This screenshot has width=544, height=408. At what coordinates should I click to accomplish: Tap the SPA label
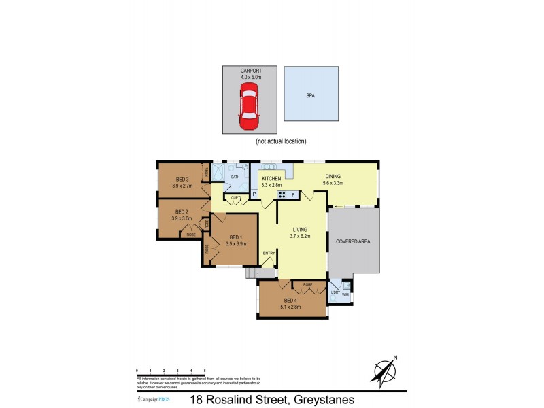click(311, 97)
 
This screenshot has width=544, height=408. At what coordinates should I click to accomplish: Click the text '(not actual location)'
click(281, 141)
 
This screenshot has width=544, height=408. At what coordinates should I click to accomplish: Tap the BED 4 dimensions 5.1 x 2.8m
click(290, 307)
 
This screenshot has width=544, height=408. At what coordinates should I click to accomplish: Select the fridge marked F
click(293, 194)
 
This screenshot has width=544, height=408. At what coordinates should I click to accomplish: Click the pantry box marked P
click(254, 194)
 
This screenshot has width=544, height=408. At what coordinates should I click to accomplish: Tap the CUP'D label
click(236, 197)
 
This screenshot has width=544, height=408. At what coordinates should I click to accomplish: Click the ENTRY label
click(269, 254)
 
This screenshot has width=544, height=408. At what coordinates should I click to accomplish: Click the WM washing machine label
click(345, 294)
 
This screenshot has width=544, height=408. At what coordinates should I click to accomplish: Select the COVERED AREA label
click(353, 241)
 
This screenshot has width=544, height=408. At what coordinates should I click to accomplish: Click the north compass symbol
click(384, 371)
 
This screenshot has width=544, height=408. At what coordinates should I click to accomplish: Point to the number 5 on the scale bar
click(205, 370)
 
